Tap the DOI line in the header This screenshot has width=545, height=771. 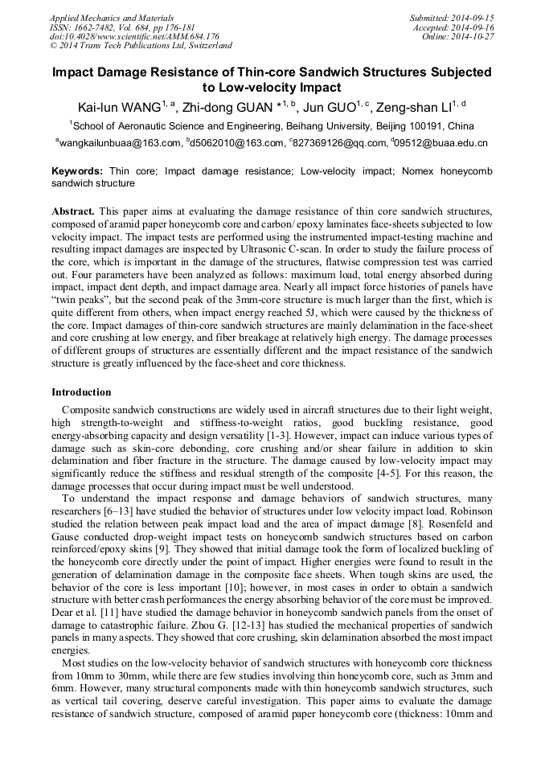134,37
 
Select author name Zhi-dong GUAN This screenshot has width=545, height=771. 232,108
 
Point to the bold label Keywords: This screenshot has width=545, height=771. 77,171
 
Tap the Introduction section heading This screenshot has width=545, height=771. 81,392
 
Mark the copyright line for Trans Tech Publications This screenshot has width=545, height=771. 141,47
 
